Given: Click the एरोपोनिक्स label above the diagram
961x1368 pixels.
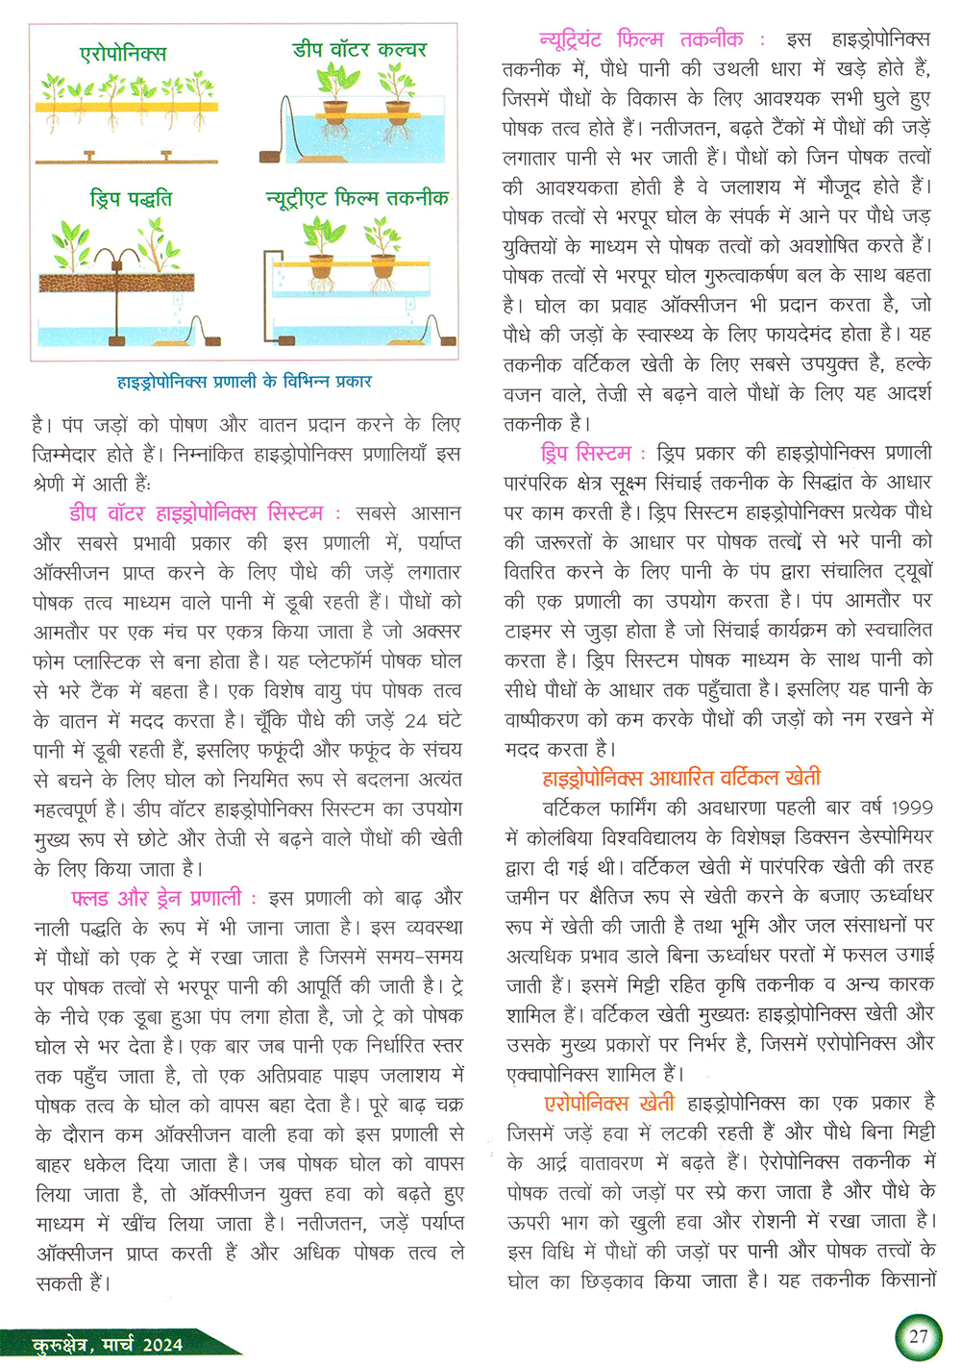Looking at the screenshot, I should [123, 54].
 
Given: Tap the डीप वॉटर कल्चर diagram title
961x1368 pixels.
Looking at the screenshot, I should [359, 49].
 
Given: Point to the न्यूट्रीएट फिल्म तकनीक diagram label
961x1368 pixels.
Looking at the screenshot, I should [357, 198].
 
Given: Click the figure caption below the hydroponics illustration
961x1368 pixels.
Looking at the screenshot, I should [244, 382].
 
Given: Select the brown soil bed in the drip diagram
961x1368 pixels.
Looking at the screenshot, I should [116, 282].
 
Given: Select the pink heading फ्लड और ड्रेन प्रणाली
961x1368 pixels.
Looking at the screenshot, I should [157, 898].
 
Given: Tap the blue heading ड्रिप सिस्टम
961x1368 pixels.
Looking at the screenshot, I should [586, 453].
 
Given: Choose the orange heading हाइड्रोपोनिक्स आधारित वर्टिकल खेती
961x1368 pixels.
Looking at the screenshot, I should [681, 778].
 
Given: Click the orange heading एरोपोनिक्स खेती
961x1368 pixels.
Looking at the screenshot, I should [609, 1103].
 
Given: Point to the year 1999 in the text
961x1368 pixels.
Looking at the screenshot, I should [911, 808].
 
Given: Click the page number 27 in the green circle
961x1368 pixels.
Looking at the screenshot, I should [918, 1335].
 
